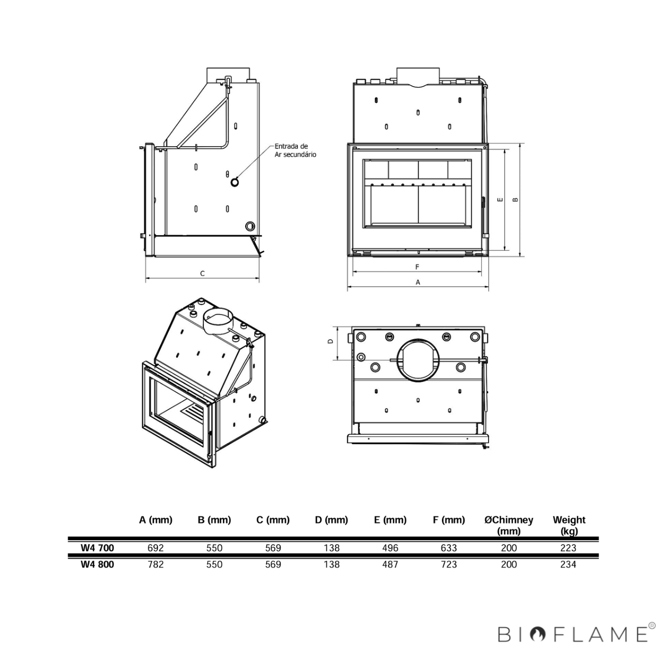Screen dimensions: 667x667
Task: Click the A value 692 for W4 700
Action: [x=156, y=548]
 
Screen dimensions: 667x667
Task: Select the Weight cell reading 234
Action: [x=568, y=565]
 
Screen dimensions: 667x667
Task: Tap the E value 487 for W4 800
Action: [x=390, y=565]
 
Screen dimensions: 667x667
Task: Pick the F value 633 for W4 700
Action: [x=449, y=548]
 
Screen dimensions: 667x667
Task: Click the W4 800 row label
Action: [x=97, y=565]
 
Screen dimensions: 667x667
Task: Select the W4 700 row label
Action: [x=97, y=548]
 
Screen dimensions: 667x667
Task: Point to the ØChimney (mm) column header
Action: [x=509, y=525]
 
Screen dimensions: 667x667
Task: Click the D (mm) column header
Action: [x=332, y=520]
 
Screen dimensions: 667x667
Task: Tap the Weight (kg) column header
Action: [x=569, y=525]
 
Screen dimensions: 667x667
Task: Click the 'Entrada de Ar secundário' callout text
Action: [x=295, y=151]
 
